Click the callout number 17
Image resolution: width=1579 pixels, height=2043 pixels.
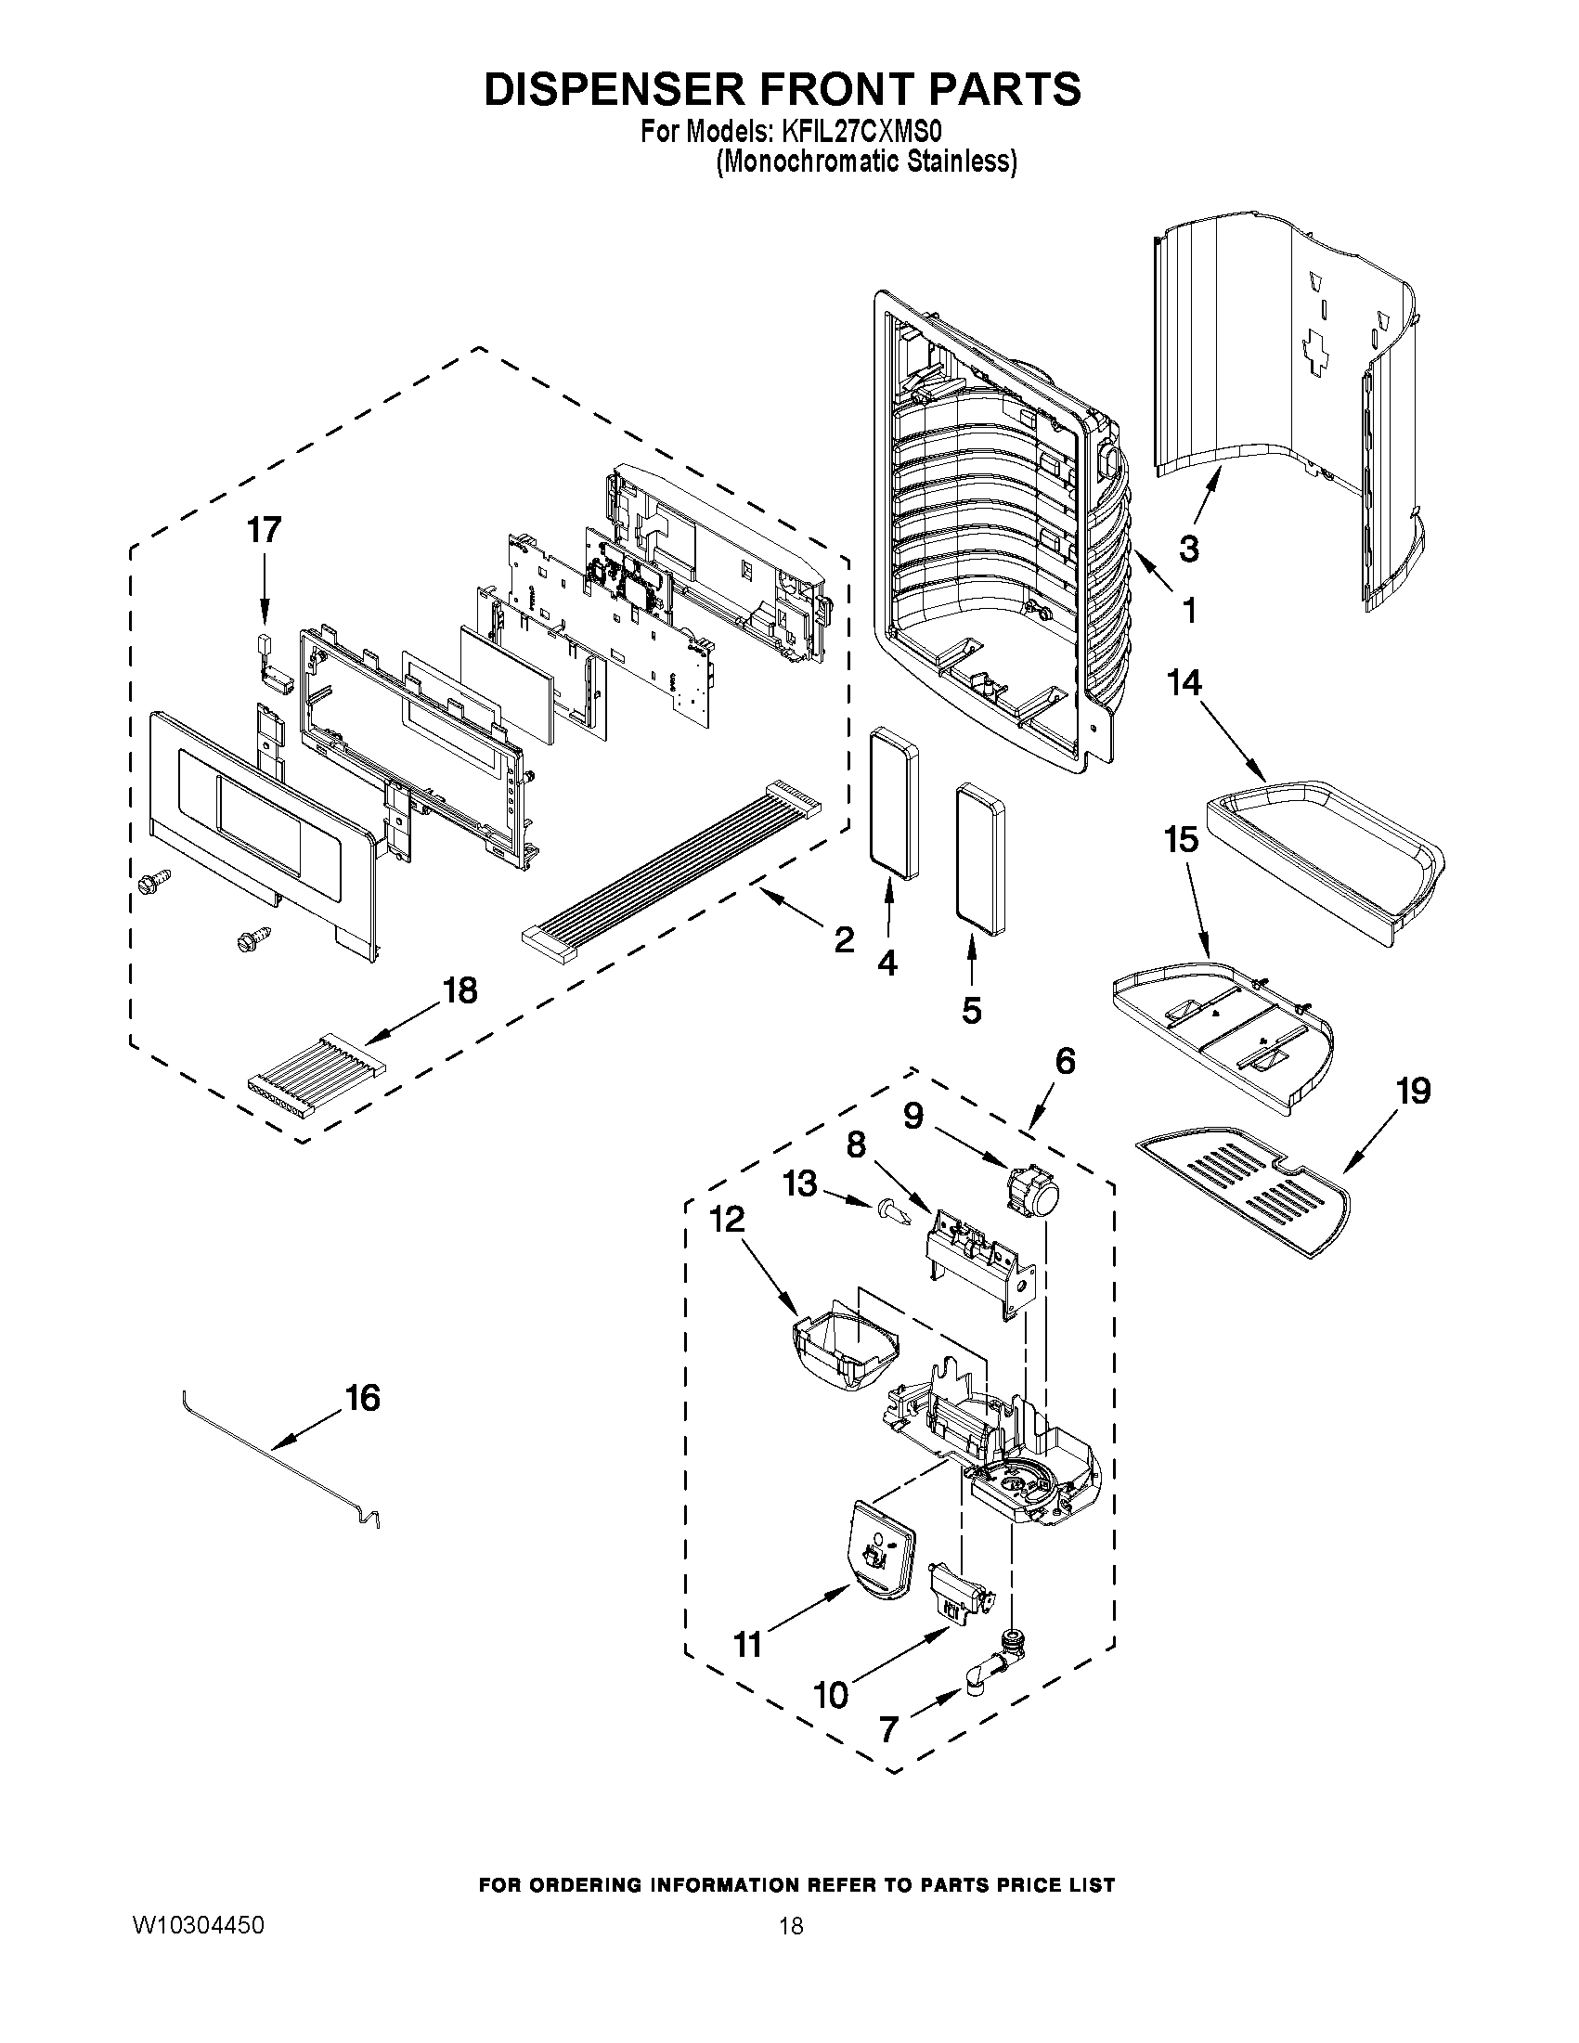(x=264, y=530)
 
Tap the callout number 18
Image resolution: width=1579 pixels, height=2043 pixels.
(x=459, y=989)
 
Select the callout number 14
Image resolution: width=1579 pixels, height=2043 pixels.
(x=1184, y=683)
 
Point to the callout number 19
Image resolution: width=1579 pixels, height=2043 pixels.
(x=1413, y=1091)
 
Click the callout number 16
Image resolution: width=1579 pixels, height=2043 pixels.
(x=362, y=1399)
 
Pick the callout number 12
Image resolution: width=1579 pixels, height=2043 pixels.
(x=727, y=1219)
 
